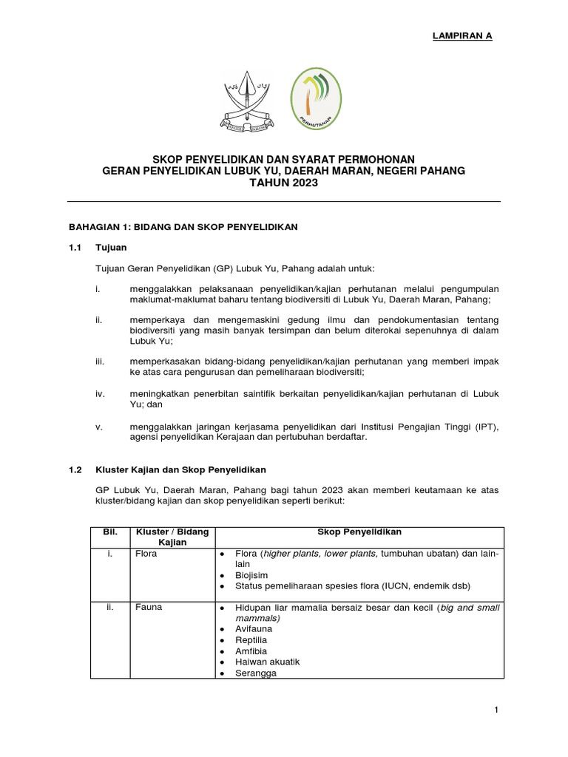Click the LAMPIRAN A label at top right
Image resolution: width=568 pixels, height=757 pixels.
pyautogui.click(x=462, y=35)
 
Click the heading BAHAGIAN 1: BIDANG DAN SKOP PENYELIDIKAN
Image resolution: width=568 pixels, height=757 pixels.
pyautogui.click(x=183, y=227)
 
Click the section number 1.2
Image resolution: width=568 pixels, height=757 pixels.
pyautogui.click(x=75, y=469)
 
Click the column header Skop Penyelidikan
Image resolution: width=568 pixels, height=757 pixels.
pyautogui.click(x=359, y=532)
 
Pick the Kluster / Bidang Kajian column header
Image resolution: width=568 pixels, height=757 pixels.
pyautogui.click(x=170, y=537)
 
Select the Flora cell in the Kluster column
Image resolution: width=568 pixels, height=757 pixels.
pyautogui.click(x=146, y=554)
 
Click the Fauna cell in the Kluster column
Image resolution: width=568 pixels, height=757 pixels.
pyautogui.click(x=148, y=608)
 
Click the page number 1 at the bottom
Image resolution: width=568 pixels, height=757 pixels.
pyautogui.click(x=497, y=710)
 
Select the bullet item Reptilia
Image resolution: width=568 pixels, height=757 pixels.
pyautogui.click(x=251, y=639)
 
